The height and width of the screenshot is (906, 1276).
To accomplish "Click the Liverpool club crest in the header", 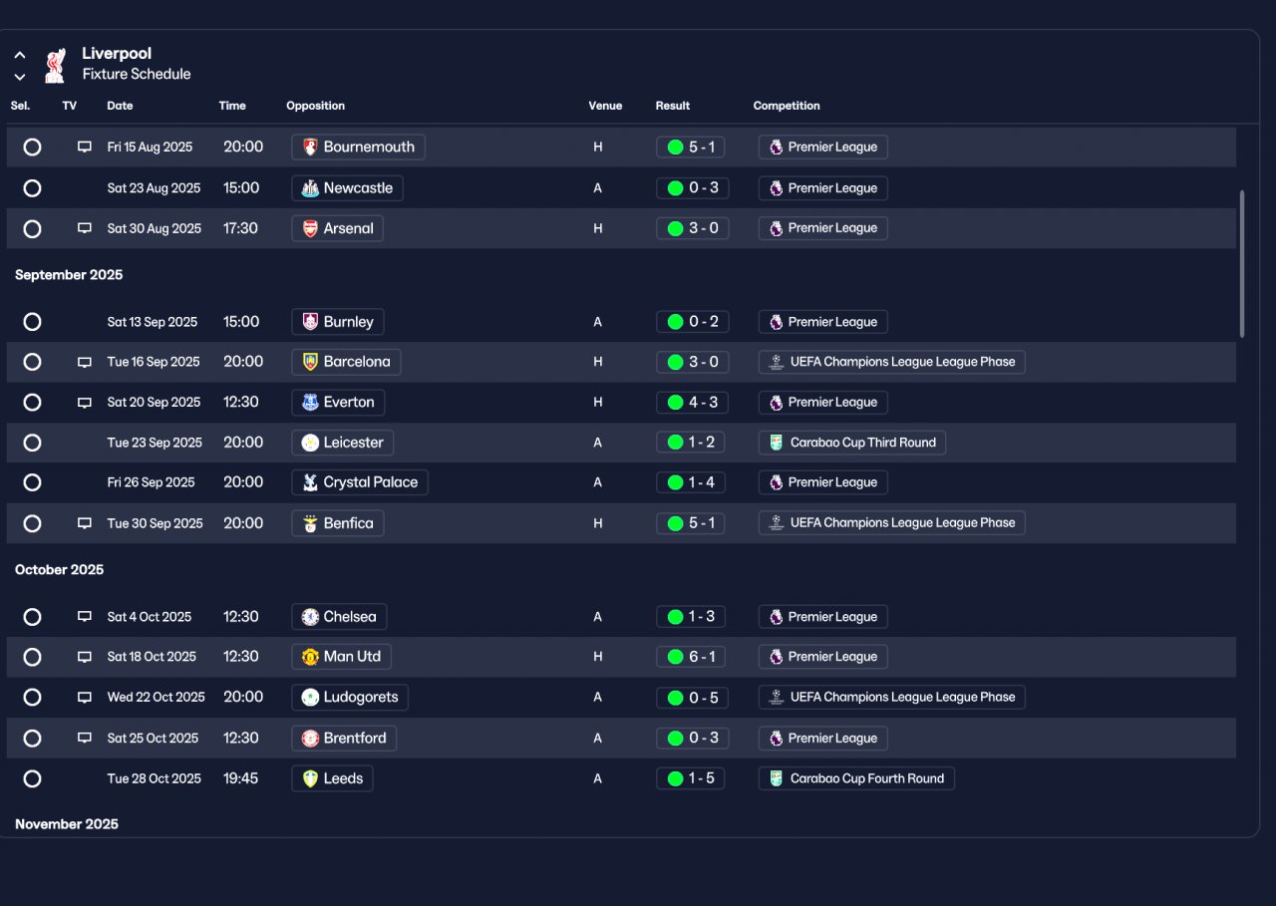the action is [55, 66].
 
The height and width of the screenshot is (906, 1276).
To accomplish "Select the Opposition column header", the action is [315, 106].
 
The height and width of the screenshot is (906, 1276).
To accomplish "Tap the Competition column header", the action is [787, 106].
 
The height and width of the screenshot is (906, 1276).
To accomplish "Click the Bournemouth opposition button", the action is [358, 147].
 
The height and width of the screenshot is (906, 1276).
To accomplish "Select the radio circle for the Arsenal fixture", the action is [32, 229].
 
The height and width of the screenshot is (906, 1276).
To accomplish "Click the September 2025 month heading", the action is [69, 275].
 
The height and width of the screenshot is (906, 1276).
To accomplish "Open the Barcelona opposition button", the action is [346, 362].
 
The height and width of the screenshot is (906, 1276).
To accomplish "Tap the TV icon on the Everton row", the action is [85, 403].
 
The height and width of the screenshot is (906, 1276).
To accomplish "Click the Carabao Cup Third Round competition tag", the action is [851, 443].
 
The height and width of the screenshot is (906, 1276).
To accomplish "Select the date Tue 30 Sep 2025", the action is [155, 523].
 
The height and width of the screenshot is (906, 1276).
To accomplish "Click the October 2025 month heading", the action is [59, 570].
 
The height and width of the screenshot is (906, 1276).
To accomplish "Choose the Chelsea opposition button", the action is [339, 617].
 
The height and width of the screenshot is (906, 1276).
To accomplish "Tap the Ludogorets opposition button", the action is [350, 697].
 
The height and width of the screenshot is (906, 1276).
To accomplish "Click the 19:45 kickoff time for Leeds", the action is [240, 778].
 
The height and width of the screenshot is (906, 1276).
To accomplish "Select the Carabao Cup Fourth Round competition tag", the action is [856, 778].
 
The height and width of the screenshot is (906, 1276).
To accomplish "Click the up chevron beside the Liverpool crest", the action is [20, 55].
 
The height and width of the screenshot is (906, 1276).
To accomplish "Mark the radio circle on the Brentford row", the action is [32, 738].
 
